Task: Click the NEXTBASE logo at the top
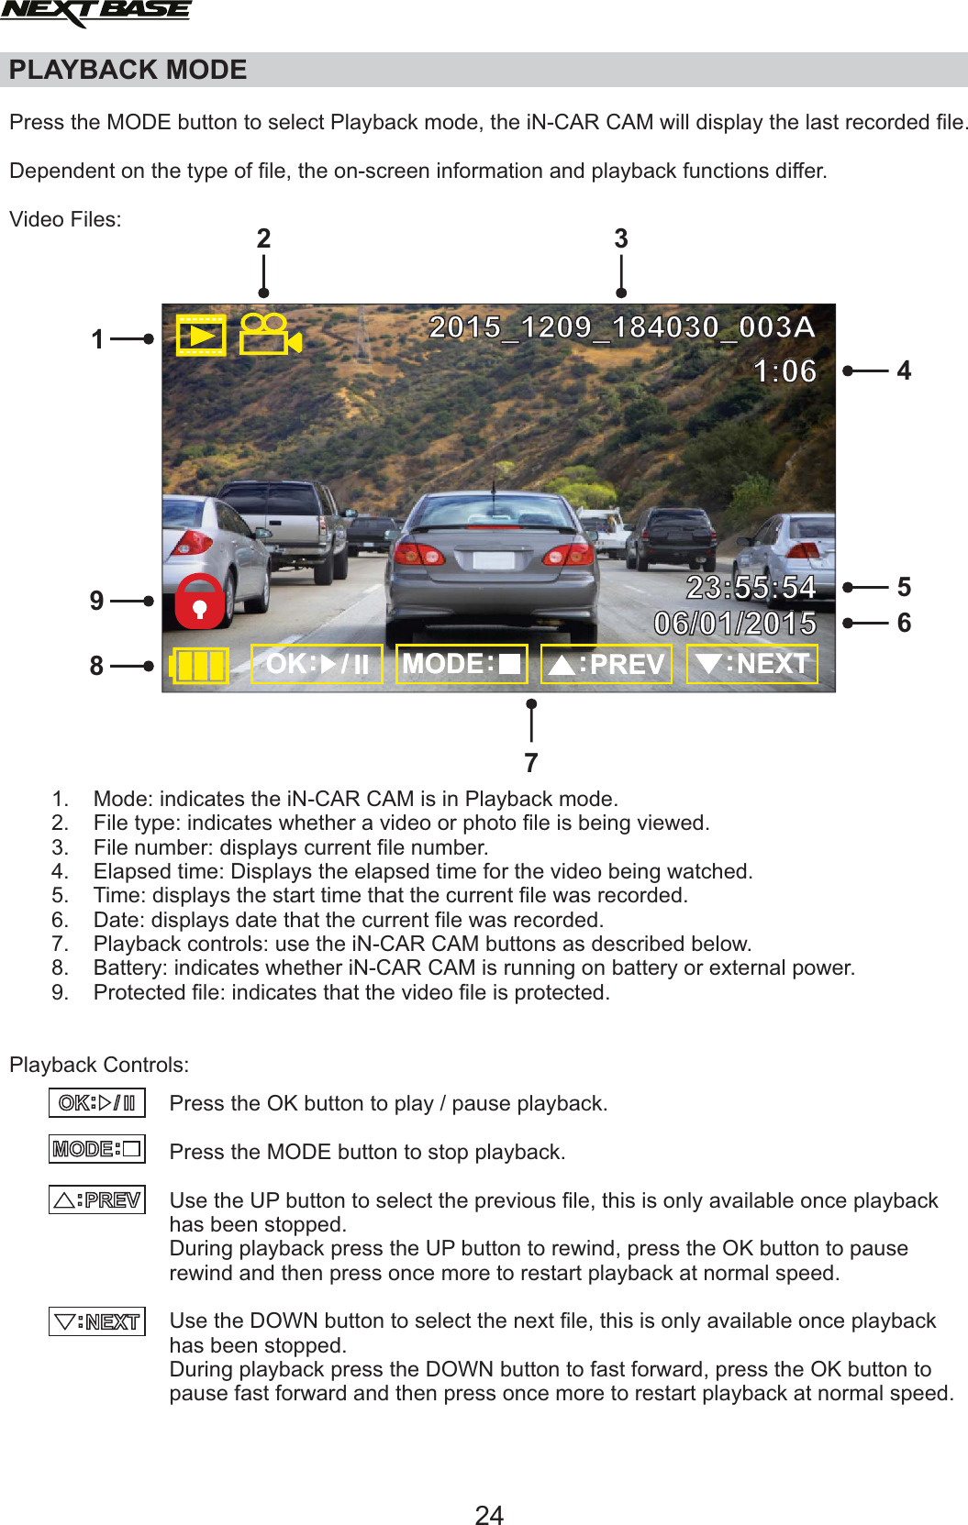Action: click(x=95, y=13)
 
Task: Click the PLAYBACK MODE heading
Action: click(x=128, y=70)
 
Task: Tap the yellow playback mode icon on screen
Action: click(x=200, y=336)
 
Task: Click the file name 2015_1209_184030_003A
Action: click(x=621, y=327)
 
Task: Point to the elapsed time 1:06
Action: click(x=784, y=371)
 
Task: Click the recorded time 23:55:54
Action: click(x=751, y=588)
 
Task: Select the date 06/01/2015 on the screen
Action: click(x=735, y=624)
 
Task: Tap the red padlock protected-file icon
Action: click(x=199, y=602)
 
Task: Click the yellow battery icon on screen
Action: click(x=199, y=666)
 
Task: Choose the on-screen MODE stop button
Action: click(x=462, y=664)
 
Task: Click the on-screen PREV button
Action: click(x=606, y=664)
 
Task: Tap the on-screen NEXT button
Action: click(x=751, y=664)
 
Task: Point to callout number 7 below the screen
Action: click(x=531, y=763)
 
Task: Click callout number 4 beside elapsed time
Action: click(x=904, y=370)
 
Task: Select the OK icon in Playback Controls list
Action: click(x=97, y=1103)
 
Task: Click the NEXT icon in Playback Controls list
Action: click(x=97, y=1321)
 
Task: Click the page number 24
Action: click(x=489, y=1514)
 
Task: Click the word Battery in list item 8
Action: click(x=130, y=968)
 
